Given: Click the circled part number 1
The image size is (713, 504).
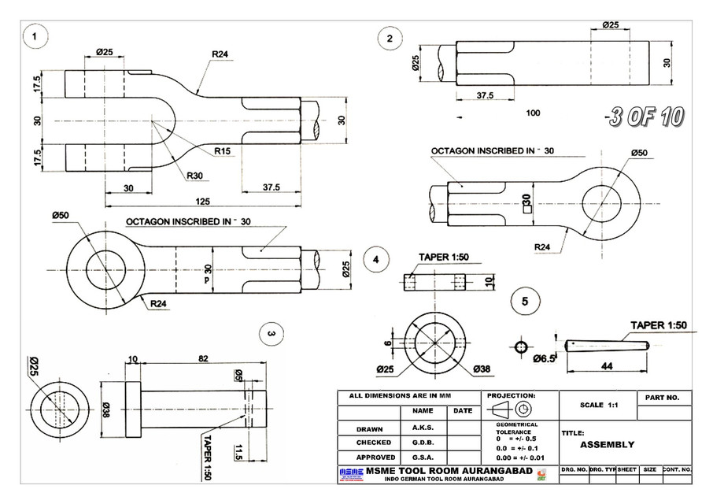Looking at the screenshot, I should tap(35, 36).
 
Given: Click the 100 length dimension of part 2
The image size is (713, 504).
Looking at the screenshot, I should tap(533, 113).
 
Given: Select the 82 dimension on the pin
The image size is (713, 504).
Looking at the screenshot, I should tap(203, 359).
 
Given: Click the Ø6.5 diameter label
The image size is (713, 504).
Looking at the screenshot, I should tap(545, 358).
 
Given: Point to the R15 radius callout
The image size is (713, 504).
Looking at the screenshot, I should tap(222, 151).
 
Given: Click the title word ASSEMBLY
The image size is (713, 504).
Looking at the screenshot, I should tap(607, 444).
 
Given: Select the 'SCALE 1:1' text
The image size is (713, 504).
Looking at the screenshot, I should tap(595, 405).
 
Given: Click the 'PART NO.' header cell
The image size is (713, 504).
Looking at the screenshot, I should tap(663, 398).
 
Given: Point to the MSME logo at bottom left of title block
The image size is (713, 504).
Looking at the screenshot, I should tap(352, 472).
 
